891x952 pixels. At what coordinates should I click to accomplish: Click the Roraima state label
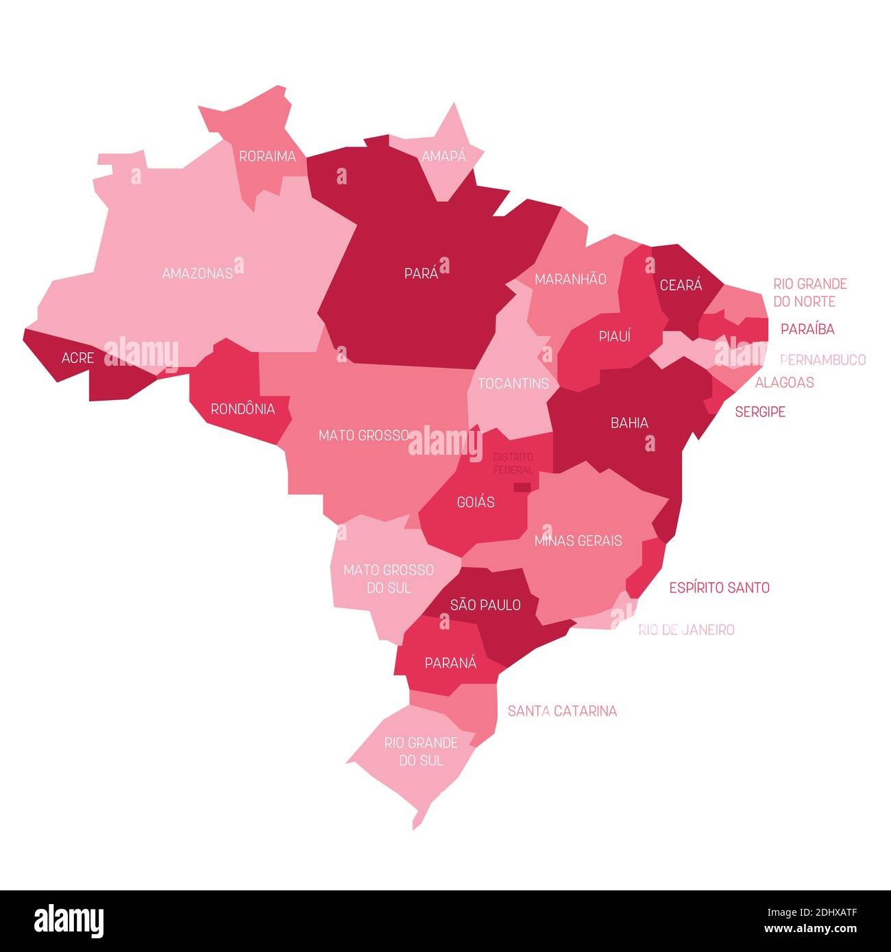(x=267, y=157)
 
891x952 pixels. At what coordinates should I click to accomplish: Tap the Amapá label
(x=443, y=157)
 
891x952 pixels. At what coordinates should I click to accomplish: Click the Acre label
(x=77, y=358)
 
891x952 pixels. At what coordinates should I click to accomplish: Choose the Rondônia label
(x=243, y=410)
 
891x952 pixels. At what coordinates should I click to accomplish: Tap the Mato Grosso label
(x=364, y=436)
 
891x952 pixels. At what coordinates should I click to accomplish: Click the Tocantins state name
(x=513, y=384)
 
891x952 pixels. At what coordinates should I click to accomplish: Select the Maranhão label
(x=570, y=279)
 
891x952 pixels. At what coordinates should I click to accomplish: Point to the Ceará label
(x=681, y=286)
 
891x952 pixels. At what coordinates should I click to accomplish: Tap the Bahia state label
(x=629, y=423)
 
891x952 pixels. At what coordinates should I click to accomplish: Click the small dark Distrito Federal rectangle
(x=522, y=488)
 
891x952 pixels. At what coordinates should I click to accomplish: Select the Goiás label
(x=476, y=503)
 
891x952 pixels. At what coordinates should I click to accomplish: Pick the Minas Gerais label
(x=578, y=541)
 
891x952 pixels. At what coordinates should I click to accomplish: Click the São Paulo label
(x=485, y=605)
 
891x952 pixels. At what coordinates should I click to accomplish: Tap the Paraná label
(x=450, y=663)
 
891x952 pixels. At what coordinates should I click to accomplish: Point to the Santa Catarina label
(x=562, y=712)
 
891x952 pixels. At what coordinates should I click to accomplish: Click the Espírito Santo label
(x=719, y=588)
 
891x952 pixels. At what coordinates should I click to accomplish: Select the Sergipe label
(x=760, y=412)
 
